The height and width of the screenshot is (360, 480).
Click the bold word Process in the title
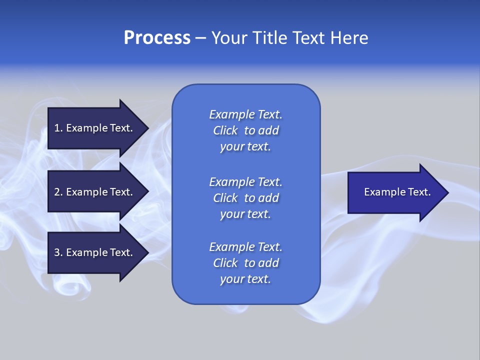click(x=157, y=38)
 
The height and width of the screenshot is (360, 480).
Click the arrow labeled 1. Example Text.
click(x=95, y=128)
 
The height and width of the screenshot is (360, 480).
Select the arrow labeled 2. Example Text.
click(x=95, y=192)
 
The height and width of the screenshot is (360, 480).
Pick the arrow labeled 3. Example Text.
click(x=95, y=253)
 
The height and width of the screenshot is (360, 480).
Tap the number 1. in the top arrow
click(x=58, y=128)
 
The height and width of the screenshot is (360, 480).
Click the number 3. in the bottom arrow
click(x=58, y=253)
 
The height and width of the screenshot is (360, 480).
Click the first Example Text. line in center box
click(x=245, y=114)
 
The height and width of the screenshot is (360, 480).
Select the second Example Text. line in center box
click(x=245, y=181)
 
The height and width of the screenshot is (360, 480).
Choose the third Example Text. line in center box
click(x=245, y=247)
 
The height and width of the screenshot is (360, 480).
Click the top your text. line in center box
click(x=245, y=147)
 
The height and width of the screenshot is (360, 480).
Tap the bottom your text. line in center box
click(x=245, y=279)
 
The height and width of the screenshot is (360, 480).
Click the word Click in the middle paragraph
click(x=225, y=198)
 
